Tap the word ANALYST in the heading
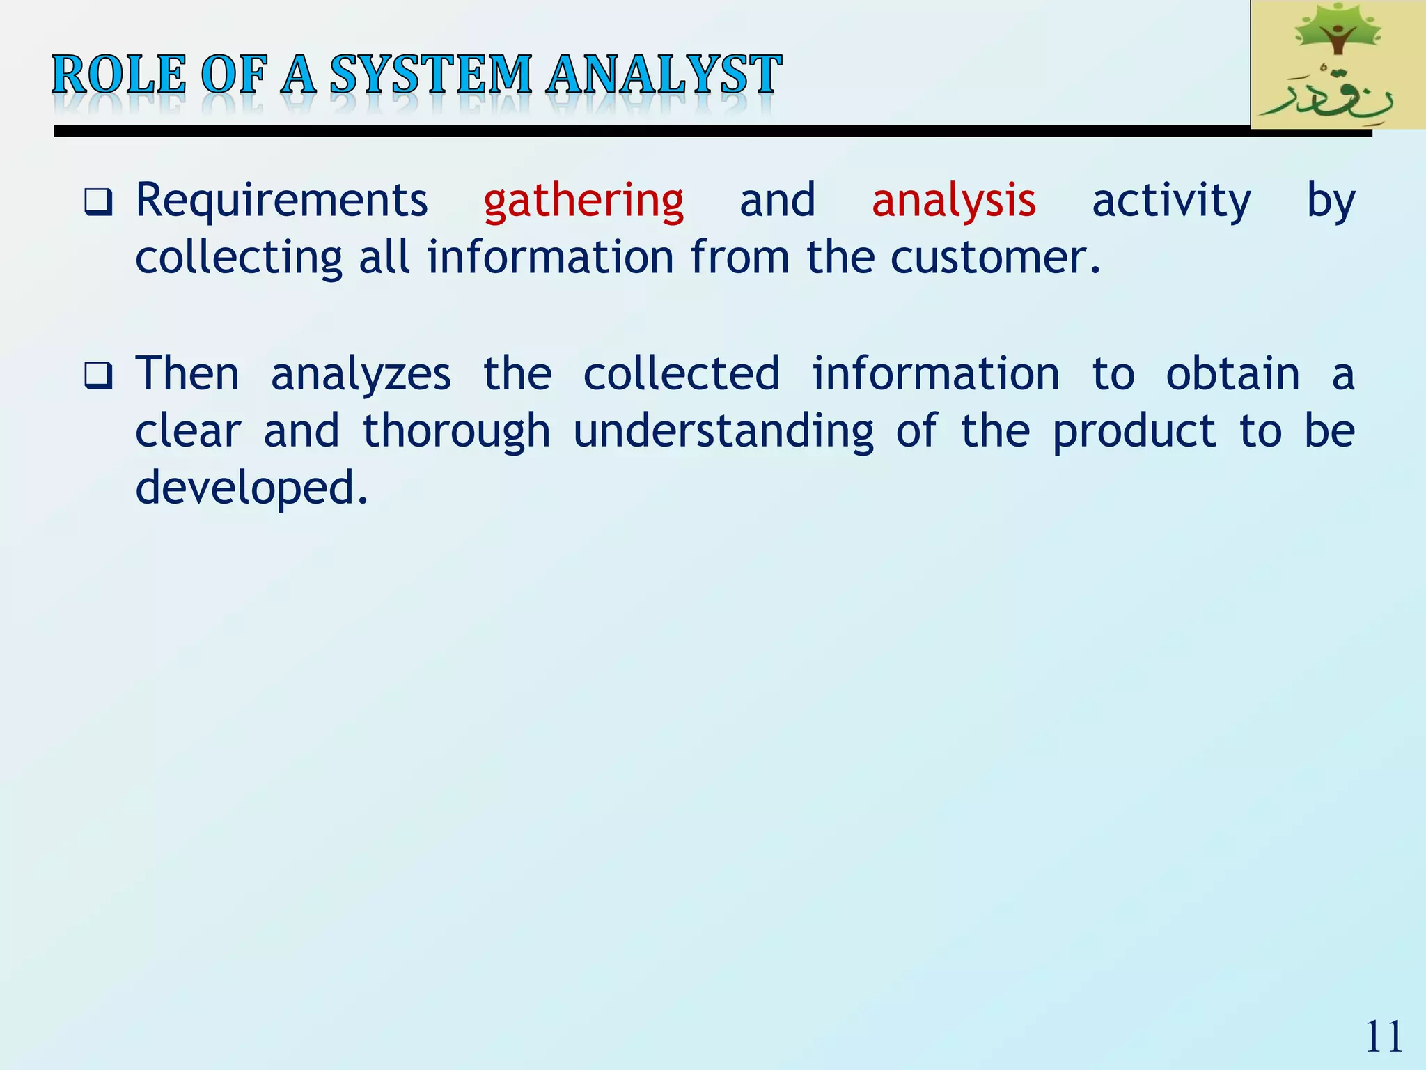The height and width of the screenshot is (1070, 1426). [663, 75]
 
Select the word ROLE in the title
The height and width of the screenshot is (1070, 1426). [119, 75]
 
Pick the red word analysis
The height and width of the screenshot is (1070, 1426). [953, 201]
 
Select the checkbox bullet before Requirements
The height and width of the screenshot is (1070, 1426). [98, 203]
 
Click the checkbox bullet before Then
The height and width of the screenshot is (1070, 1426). [98, 376]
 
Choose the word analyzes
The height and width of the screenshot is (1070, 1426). [361, 375]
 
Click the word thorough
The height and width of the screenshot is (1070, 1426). [457, 431]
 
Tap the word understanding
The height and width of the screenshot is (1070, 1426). [723, 432]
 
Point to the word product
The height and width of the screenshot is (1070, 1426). [1134, 432]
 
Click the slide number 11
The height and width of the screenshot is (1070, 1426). [1384, 1037]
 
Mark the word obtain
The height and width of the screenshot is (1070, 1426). [1232, 375]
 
